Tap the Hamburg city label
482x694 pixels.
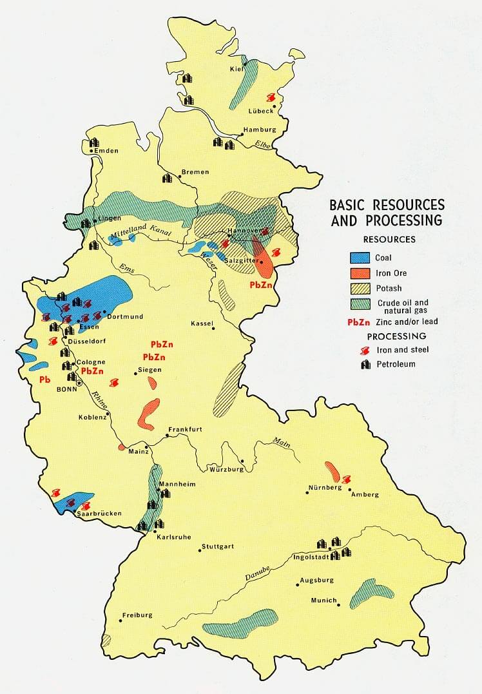point(260,130)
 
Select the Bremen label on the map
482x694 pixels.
point(195,172)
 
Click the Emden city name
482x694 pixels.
point(106,151)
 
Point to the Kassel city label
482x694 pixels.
point(202,323)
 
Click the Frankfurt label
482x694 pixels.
point(186,429)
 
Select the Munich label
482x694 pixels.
point(323,601)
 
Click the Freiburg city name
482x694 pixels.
point(137,615)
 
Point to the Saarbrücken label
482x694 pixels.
point(99,514)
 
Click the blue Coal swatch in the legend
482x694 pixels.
point(358,258)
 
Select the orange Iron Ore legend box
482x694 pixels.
point(358,273)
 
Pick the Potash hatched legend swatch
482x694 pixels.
point(358,287)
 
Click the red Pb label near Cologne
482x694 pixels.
point(44,379)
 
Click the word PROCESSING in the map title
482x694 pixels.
point(401,220)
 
